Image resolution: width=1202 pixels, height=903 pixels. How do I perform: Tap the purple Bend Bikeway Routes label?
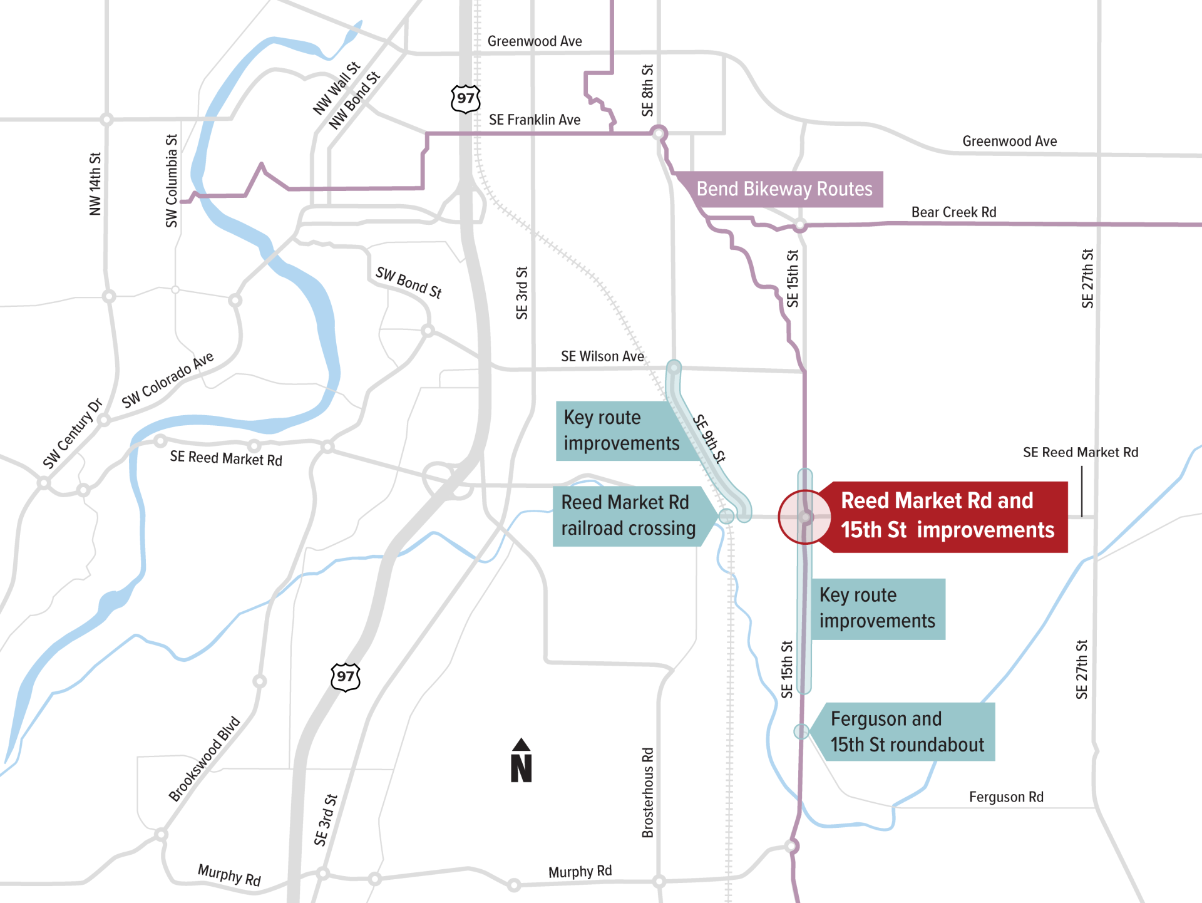click(784, 189)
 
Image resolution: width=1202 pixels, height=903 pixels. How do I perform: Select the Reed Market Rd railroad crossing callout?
click(629, 516)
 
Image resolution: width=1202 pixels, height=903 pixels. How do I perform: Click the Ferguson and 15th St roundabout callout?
click(907, 732)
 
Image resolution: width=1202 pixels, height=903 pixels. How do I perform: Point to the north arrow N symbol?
click(521, 761)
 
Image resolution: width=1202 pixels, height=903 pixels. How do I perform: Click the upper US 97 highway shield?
click(465, 99)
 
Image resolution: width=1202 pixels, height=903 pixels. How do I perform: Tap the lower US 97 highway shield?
click(345, 677)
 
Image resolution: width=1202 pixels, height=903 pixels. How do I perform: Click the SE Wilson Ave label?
click(602, 356)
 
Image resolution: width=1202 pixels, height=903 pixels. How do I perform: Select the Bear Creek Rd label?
click(953, 212)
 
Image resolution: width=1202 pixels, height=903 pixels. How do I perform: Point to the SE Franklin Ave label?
click(534, 120)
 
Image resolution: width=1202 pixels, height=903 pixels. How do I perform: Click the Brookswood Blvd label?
click(204, 758)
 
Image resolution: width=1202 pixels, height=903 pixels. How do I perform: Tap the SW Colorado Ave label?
click(167, 380)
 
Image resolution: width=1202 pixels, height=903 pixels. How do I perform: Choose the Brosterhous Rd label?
click(648, 792)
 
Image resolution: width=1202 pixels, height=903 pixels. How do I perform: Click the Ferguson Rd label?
click(1006, 797)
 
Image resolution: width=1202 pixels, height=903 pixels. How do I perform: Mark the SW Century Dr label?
click(72, 433)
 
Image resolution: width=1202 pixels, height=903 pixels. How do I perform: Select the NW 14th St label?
click(95, 183)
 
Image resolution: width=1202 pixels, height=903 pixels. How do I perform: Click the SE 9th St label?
click(709, 438)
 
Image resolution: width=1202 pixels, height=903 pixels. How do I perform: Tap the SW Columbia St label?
click(172, 180)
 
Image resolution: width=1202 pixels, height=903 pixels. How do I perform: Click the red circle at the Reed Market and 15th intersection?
click(805, 517)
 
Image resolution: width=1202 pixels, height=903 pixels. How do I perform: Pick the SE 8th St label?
click(647, 90)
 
